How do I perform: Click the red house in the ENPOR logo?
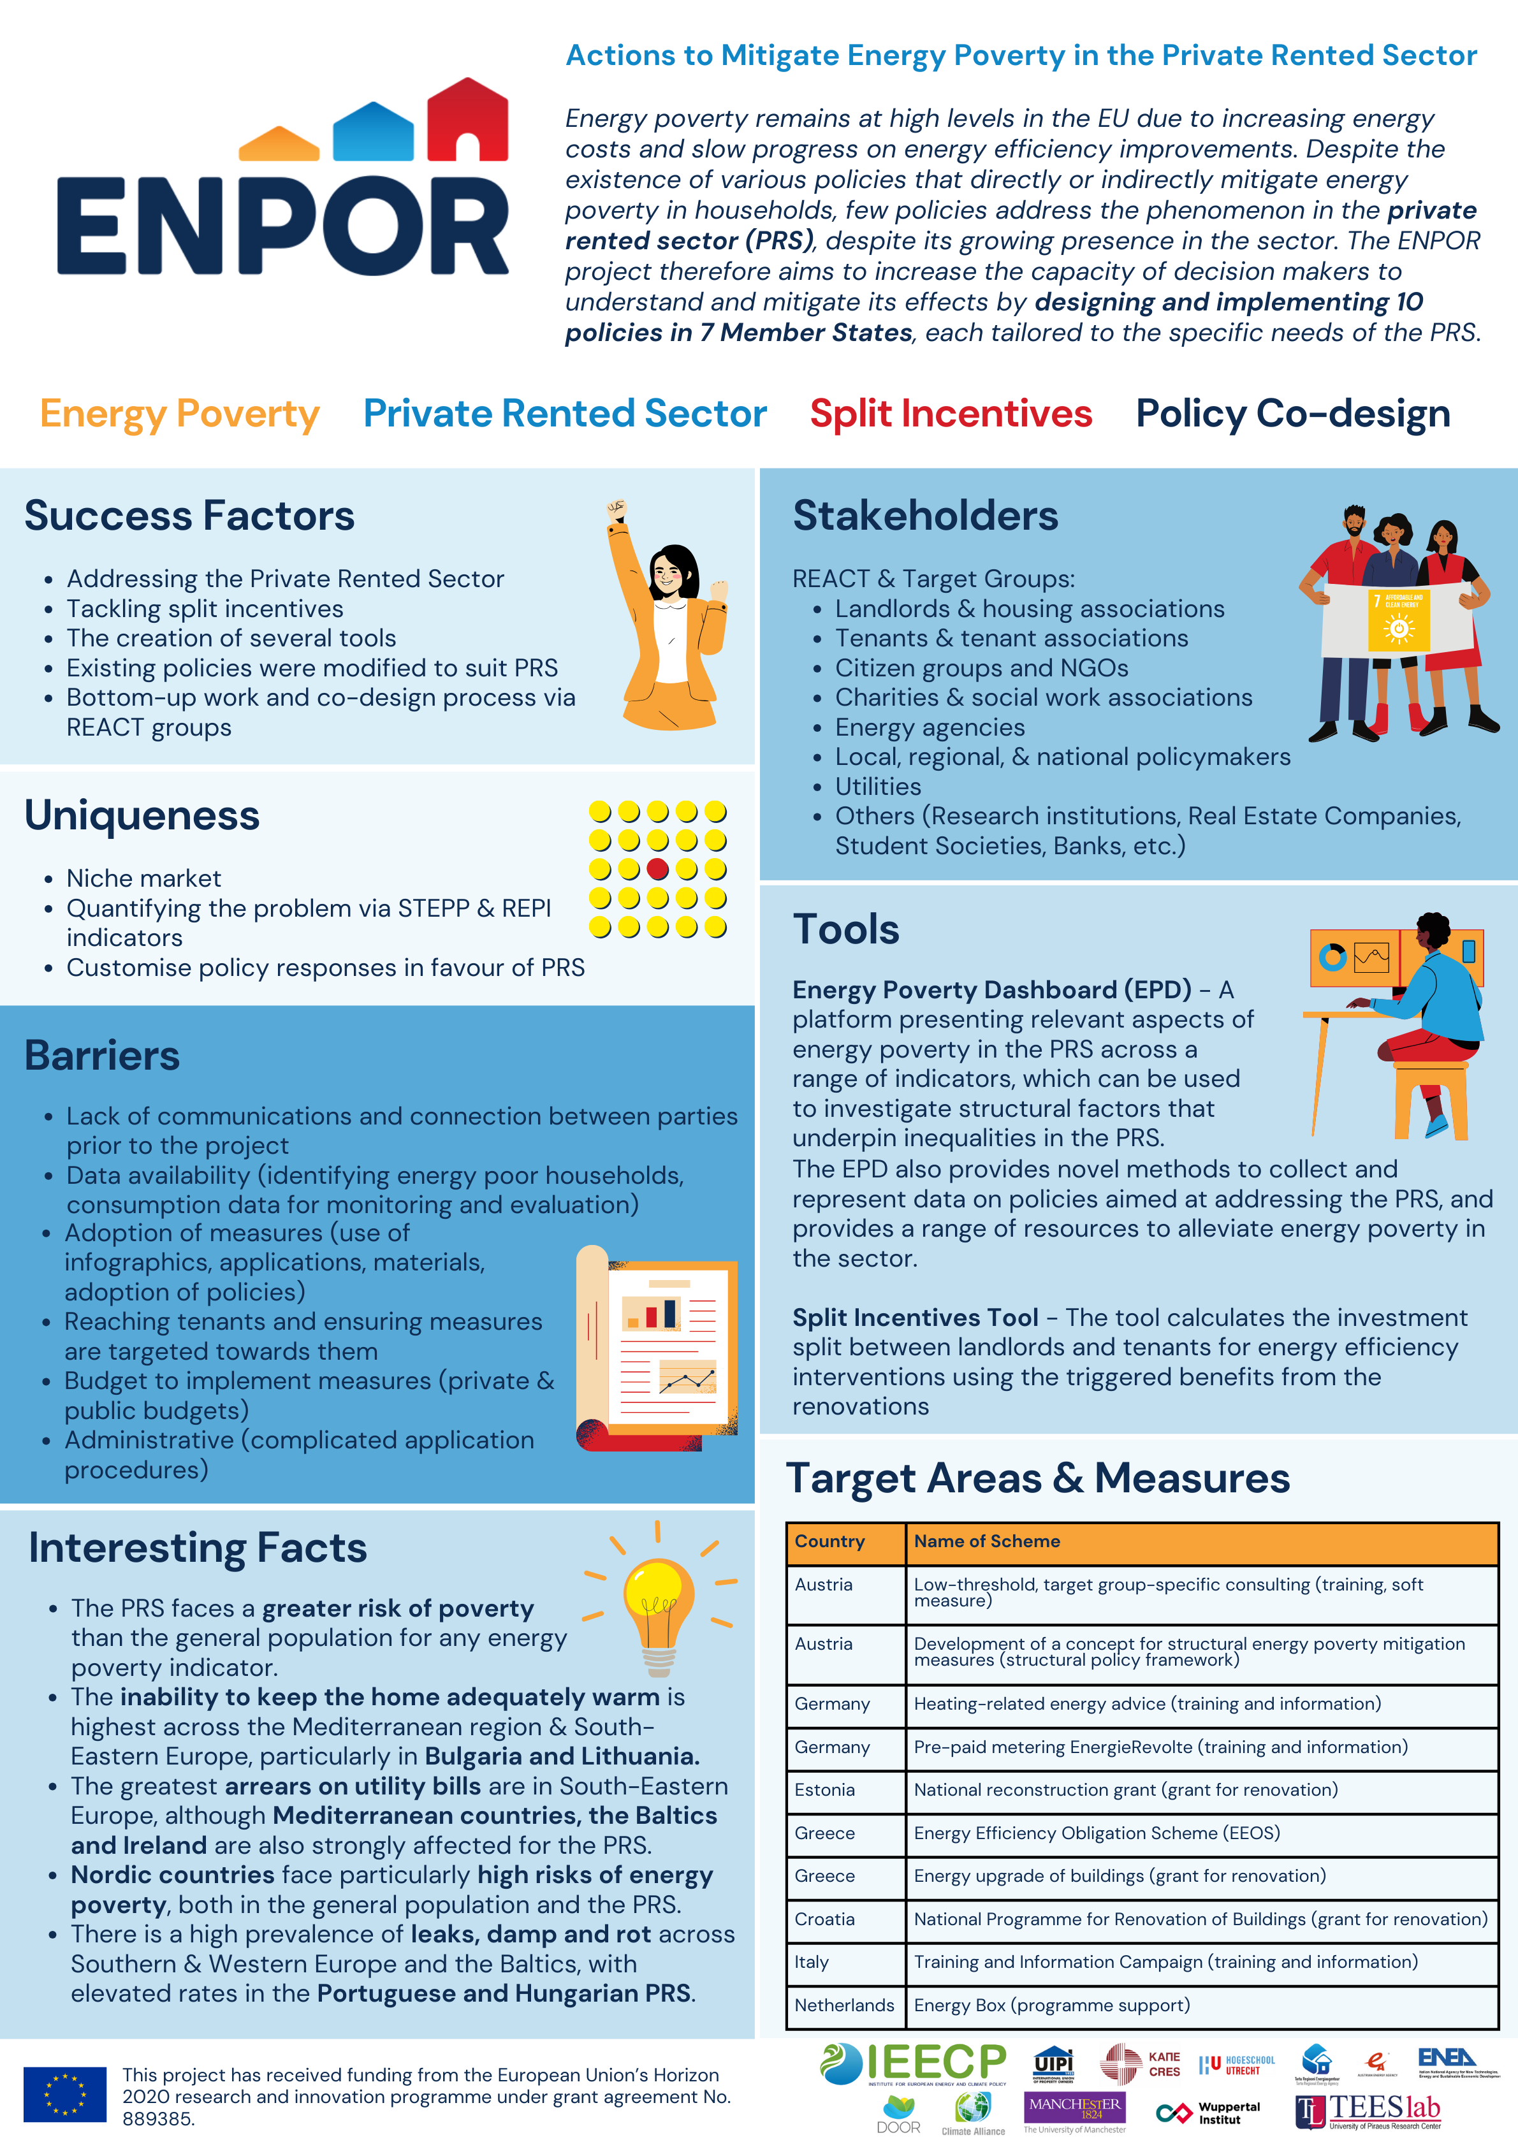click(x=468, y=120)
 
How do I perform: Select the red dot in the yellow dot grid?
click(x=657, y=869)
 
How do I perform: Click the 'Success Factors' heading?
click(x=189, y=516)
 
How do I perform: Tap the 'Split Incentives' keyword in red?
click(x=951, y=413)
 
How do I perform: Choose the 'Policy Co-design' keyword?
click(x=1292, y=413)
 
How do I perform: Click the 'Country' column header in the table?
click(x=829, y=1541)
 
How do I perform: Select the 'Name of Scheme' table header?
click(x=987, y=1541)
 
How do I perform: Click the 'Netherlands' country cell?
click(x=843, y=2005)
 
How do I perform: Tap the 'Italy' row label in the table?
click(x=812, y=1962)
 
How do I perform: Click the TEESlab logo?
click(x=1368, y=2111)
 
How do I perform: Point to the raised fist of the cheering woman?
click(x=615, y=511)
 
